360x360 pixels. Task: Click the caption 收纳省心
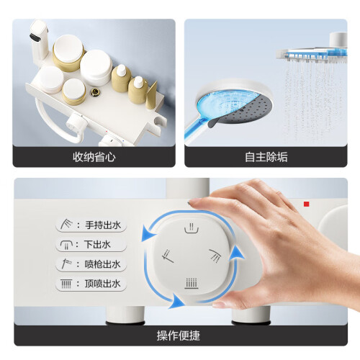pyautogui.click(x=94, y=157)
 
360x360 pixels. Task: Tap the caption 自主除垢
pyautogui.click(x=266, y=157)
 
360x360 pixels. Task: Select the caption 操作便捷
pyautogui.click(x=179, y=336)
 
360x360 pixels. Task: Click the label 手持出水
pyautogui.click(x=103, y=225)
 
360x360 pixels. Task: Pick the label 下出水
pyautogui.click(x=97, y=245)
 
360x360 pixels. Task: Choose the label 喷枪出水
pyautogui.click(x=102, y=264)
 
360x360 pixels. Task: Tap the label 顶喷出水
pyautogui.click(x=102, y=284)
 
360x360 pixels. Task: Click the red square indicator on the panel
pyautogui.click(x=306, y=204)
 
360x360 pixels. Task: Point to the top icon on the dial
pyautogui.click(x=192, y=228)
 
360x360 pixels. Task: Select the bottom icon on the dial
pyautogui.click(x=192, y=283)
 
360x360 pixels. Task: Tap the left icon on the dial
pyautogui.click(x=168, y=256)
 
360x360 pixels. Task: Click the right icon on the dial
pyautogui.click(x=215, y=256)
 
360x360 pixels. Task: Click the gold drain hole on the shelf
pyautogui.click(x=95, y=92)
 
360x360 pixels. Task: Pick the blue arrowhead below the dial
pyautogui.click(x=177, y=301)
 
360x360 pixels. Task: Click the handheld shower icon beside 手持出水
pyautogui.click(x=66, y=224)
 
